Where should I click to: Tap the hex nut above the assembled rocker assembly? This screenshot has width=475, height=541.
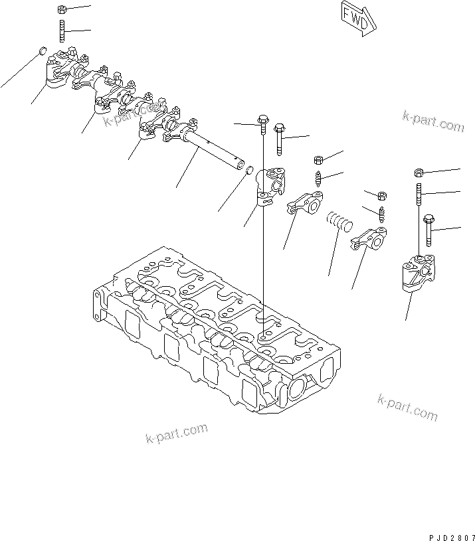[x=61, y=10]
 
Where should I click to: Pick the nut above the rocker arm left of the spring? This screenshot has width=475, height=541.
[x=318, y=160]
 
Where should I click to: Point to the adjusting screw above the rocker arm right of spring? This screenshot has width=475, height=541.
[x=382, y=214]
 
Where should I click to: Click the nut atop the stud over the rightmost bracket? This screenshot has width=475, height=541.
[x=419, y=172]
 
